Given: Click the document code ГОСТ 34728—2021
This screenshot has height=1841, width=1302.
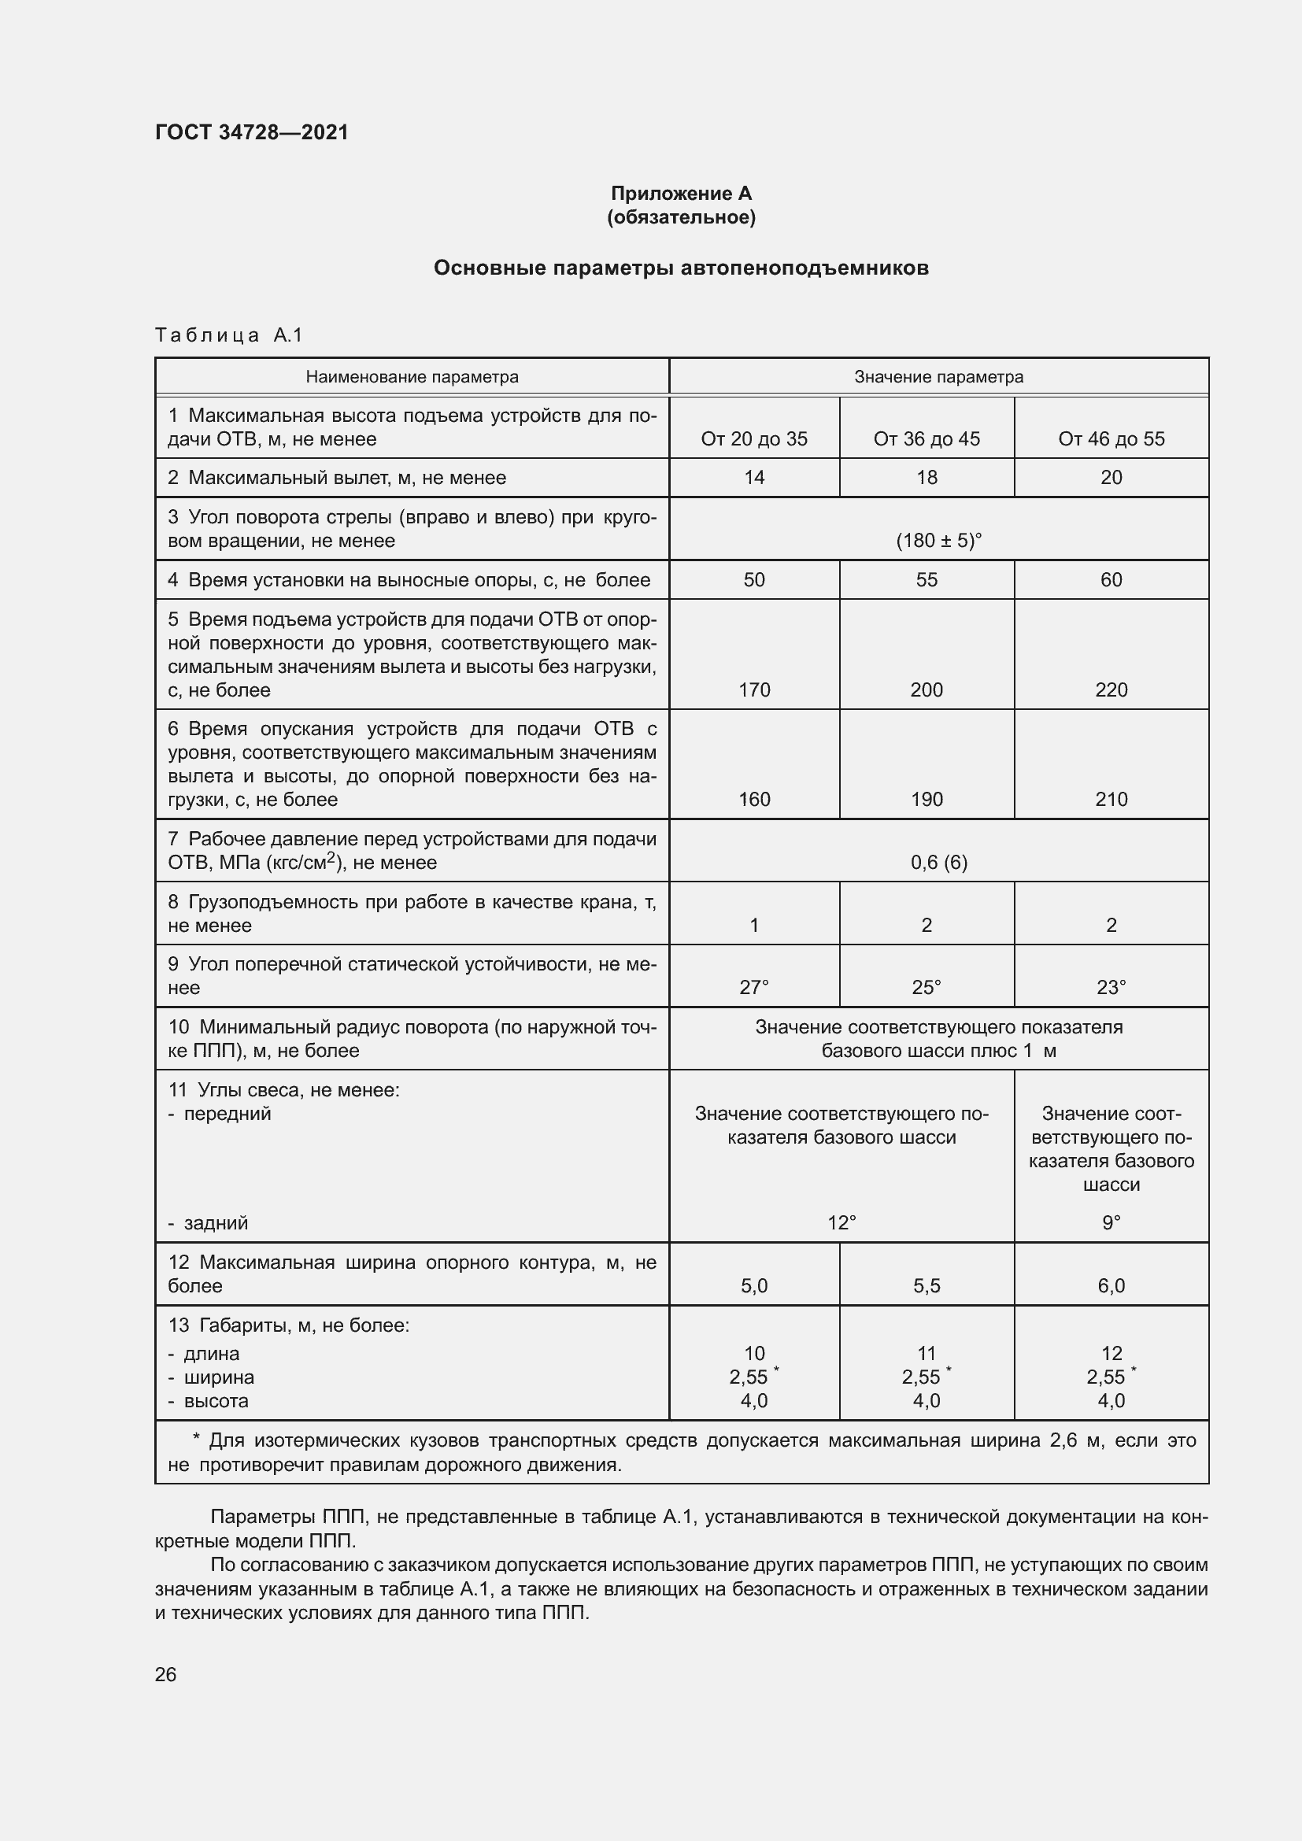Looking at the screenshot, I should pyautogui.click(x=252, y=132).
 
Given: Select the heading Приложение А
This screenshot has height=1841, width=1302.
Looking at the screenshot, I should pyautogui.click(x=681, y=194).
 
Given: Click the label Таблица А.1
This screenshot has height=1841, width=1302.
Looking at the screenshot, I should pyautogui.click(x=228, y=335).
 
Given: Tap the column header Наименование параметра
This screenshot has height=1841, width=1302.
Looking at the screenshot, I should pyautogui.click(x=411, y=377).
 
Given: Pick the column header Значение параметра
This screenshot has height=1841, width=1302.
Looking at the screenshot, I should pyautogui.click(x=938, y=377).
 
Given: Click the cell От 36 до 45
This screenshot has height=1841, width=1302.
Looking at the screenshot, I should pyautogui.click(x=926, y=438).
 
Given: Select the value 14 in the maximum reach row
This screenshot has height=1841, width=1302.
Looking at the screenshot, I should pyautogui.click(x=753, y=478).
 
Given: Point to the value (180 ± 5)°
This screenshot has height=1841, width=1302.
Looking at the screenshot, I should pyautogui.click(x=938, y=541).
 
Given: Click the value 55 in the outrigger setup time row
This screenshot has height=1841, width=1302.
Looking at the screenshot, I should pyautogui.click(x=926, y=580).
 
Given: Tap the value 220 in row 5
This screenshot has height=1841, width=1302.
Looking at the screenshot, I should pyautogui.click(x=1111, y=689).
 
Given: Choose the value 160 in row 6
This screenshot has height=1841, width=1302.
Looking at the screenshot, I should pyautogui.click(x=753, y=800).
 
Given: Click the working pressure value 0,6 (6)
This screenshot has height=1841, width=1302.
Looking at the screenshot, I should pyautogui.click(x=938, y=863).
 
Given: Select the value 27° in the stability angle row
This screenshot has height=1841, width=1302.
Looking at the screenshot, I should pyautogui.click(x=753, y=988).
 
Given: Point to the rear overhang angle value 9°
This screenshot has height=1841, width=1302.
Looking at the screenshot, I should pyautogui.click(x=1111, y=1223).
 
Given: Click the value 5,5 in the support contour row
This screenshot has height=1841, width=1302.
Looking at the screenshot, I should pyautogui.click(x=926, y=1286).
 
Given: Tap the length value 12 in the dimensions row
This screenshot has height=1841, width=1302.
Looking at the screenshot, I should pyautogui.click(x=1111, y=1354).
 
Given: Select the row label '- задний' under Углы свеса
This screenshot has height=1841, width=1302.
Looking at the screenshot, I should pyautogui.click(x=209, y=1223).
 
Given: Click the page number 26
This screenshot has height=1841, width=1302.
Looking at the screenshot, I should pyautogui.click(x=166, y=1674).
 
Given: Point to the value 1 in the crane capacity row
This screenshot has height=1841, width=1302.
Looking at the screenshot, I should pyautogui.click(x=753, y=926).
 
